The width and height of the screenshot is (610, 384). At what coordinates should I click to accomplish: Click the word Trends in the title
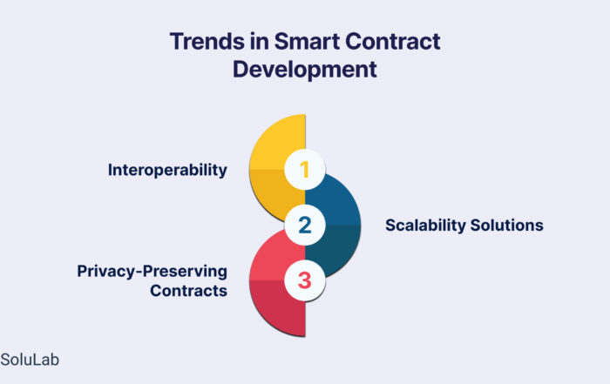[207, 41]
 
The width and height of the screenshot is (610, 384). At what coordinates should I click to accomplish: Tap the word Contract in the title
[393, 41]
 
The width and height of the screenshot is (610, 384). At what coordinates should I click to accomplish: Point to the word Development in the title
[305, 70]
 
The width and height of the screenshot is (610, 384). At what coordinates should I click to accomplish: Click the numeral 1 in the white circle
[305, 170]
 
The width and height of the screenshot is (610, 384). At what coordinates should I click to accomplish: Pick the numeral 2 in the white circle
[305, 225]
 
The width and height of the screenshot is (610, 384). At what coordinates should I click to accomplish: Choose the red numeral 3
[305, 280]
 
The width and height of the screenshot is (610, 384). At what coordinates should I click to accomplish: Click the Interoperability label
[167, 171]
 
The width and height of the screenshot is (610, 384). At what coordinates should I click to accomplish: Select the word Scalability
[425, 226]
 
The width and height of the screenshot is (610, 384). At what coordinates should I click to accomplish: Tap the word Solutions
[507, 226]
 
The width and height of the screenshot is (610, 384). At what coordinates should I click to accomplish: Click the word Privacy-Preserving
[152, 272]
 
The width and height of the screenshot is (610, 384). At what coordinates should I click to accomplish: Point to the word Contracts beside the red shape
[189, 291]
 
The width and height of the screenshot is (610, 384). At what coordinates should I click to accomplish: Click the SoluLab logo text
[30, 360]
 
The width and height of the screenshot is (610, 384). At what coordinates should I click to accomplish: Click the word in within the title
[259, 41]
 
